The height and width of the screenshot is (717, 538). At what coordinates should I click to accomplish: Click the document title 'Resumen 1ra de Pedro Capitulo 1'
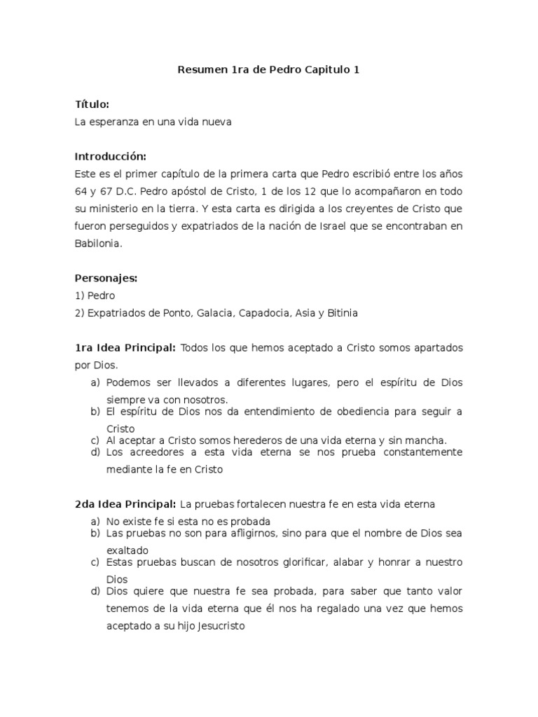[269, 70]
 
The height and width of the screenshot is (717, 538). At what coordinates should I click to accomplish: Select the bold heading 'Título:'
[92, 104]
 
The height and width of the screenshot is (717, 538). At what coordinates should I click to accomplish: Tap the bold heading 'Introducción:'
[110, 156]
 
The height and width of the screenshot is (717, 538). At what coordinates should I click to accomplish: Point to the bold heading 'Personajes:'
[106, 278]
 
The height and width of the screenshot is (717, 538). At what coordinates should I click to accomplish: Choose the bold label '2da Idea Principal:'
[125, 504]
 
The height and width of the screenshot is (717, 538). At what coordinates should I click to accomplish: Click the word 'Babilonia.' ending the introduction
[99, 244]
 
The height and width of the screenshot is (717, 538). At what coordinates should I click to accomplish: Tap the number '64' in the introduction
[81, 191]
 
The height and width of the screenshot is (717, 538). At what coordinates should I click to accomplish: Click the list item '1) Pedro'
[95, 295]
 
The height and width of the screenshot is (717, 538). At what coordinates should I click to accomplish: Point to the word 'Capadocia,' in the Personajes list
[264, 313]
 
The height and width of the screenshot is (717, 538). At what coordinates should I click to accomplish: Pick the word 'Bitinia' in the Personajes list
[341, 313]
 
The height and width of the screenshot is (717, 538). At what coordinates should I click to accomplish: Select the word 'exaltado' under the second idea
[127, 550]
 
